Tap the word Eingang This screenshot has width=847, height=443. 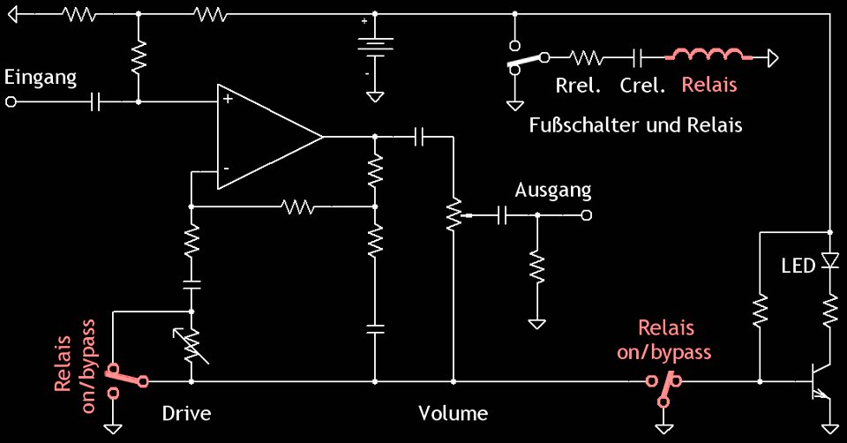[41, 77]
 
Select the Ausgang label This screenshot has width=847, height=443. [553, 190]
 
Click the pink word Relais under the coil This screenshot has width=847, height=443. [708, 86]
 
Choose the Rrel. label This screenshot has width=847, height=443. [579, 86]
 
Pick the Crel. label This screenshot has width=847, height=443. [642, 86]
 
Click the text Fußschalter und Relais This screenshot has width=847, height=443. [635, 124]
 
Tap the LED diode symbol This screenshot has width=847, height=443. [829, 261]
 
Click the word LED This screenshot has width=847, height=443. [798, 266]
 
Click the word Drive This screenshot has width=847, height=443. [187, 413]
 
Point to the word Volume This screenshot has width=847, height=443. [453, 413]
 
